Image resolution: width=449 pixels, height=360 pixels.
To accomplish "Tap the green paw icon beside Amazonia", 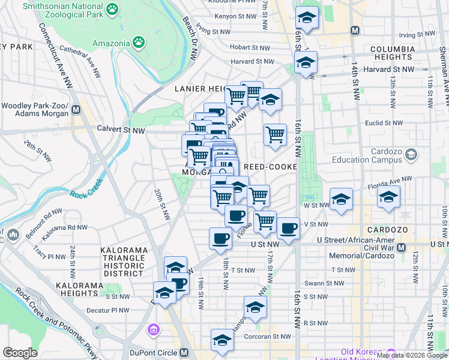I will click(x=139, y=43).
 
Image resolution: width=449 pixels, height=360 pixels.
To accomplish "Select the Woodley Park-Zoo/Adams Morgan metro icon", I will click(x=76, y=110).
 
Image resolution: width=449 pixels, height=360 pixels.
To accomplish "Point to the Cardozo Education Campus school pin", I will click(x=411, y=155).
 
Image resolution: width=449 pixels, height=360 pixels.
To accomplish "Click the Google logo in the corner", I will click(x=20, y=352).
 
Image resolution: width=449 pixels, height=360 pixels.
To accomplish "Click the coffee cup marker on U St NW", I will click(x=220, y=239).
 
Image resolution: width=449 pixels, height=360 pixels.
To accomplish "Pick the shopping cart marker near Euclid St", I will click(x=275, y=135).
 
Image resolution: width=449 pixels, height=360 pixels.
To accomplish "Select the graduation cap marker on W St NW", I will click(x=340, y=200).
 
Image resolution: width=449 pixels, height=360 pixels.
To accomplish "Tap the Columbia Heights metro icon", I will click(x=355, y=30).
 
